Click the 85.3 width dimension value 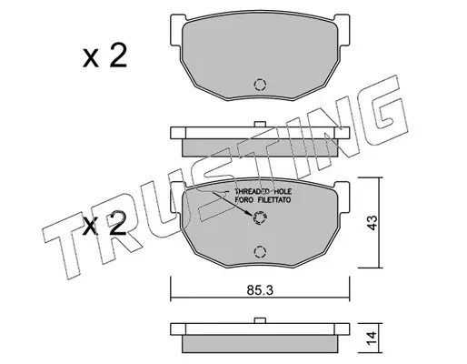tap(260, 290)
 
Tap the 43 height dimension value tap(372, 223)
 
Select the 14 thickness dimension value tap(372, 339)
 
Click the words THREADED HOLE tap(263, 192)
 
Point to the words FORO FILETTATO tap(263, 200)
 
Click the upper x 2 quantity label tap(104, 56)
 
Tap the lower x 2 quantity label tap(104, 224)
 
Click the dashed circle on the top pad tap(260, 85)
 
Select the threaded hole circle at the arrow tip tap(260, 217)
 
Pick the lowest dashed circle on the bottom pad tap(260, 252)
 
